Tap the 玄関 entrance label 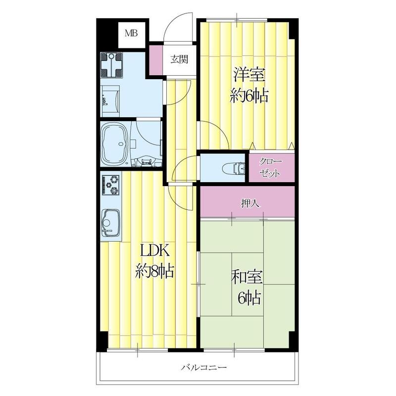(179, 60)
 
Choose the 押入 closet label (248, 202)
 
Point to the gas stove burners (111, 186)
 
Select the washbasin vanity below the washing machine (110, 99)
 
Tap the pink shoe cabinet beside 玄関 (155, 60)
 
